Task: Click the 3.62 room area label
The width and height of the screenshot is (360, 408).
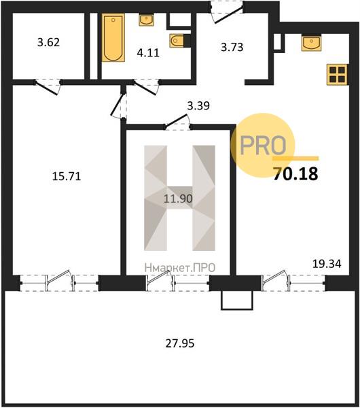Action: (49, 42)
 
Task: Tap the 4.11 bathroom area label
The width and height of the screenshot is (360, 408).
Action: (148, 53)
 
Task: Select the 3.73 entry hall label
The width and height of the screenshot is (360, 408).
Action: (232, 47)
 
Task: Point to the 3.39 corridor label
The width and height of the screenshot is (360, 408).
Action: (198, 105)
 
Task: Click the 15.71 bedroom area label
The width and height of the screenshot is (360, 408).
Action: (67, 176)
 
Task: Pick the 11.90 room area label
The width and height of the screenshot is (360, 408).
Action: (179, 199)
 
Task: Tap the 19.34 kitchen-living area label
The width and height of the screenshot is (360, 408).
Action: (327, 264)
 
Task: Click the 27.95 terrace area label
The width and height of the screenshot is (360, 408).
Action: (180, 343)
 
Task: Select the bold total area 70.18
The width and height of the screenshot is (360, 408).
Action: (295, 174)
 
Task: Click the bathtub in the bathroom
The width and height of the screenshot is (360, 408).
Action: (113, 37)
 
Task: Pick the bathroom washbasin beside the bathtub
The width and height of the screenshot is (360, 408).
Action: (147, 20)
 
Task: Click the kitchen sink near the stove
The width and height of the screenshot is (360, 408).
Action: (311, 44)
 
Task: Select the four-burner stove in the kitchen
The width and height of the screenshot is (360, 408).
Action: (337, 74)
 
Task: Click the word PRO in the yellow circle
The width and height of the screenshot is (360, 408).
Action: (263, 146)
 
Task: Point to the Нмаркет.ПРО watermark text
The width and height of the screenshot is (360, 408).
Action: (180, 268)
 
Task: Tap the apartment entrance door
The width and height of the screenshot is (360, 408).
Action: (227, 13)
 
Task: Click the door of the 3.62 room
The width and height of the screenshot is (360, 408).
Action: (48, 86)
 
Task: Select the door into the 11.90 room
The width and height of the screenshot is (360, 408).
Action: (177, 122)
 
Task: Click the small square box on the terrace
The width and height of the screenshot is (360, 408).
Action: (237, 301)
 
